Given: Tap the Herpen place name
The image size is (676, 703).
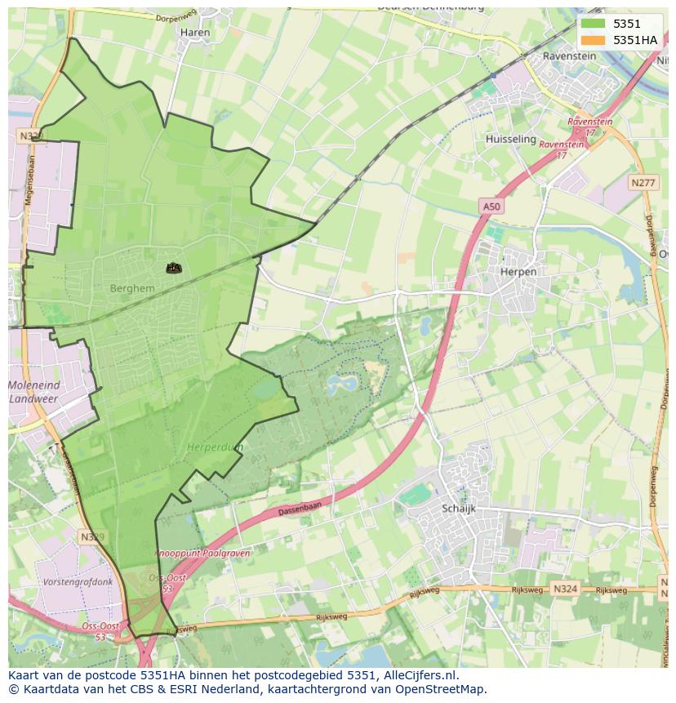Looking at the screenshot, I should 518,272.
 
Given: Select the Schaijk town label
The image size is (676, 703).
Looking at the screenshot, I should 458,509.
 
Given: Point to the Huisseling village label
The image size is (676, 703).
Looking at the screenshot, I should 510,140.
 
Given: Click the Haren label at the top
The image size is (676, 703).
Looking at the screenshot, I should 195,33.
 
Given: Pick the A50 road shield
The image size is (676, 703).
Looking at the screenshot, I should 490,207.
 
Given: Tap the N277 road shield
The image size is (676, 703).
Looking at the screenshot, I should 643,183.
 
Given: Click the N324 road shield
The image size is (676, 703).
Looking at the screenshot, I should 564,588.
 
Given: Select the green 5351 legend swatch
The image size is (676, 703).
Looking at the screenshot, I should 594,24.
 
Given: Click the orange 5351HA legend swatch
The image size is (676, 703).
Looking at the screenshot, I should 594,40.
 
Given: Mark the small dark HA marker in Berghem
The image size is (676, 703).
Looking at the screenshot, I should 173,267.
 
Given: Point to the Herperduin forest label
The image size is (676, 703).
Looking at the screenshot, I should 215,447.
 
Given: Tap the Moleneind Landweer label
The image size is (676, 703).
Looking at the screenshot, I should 34,392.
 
